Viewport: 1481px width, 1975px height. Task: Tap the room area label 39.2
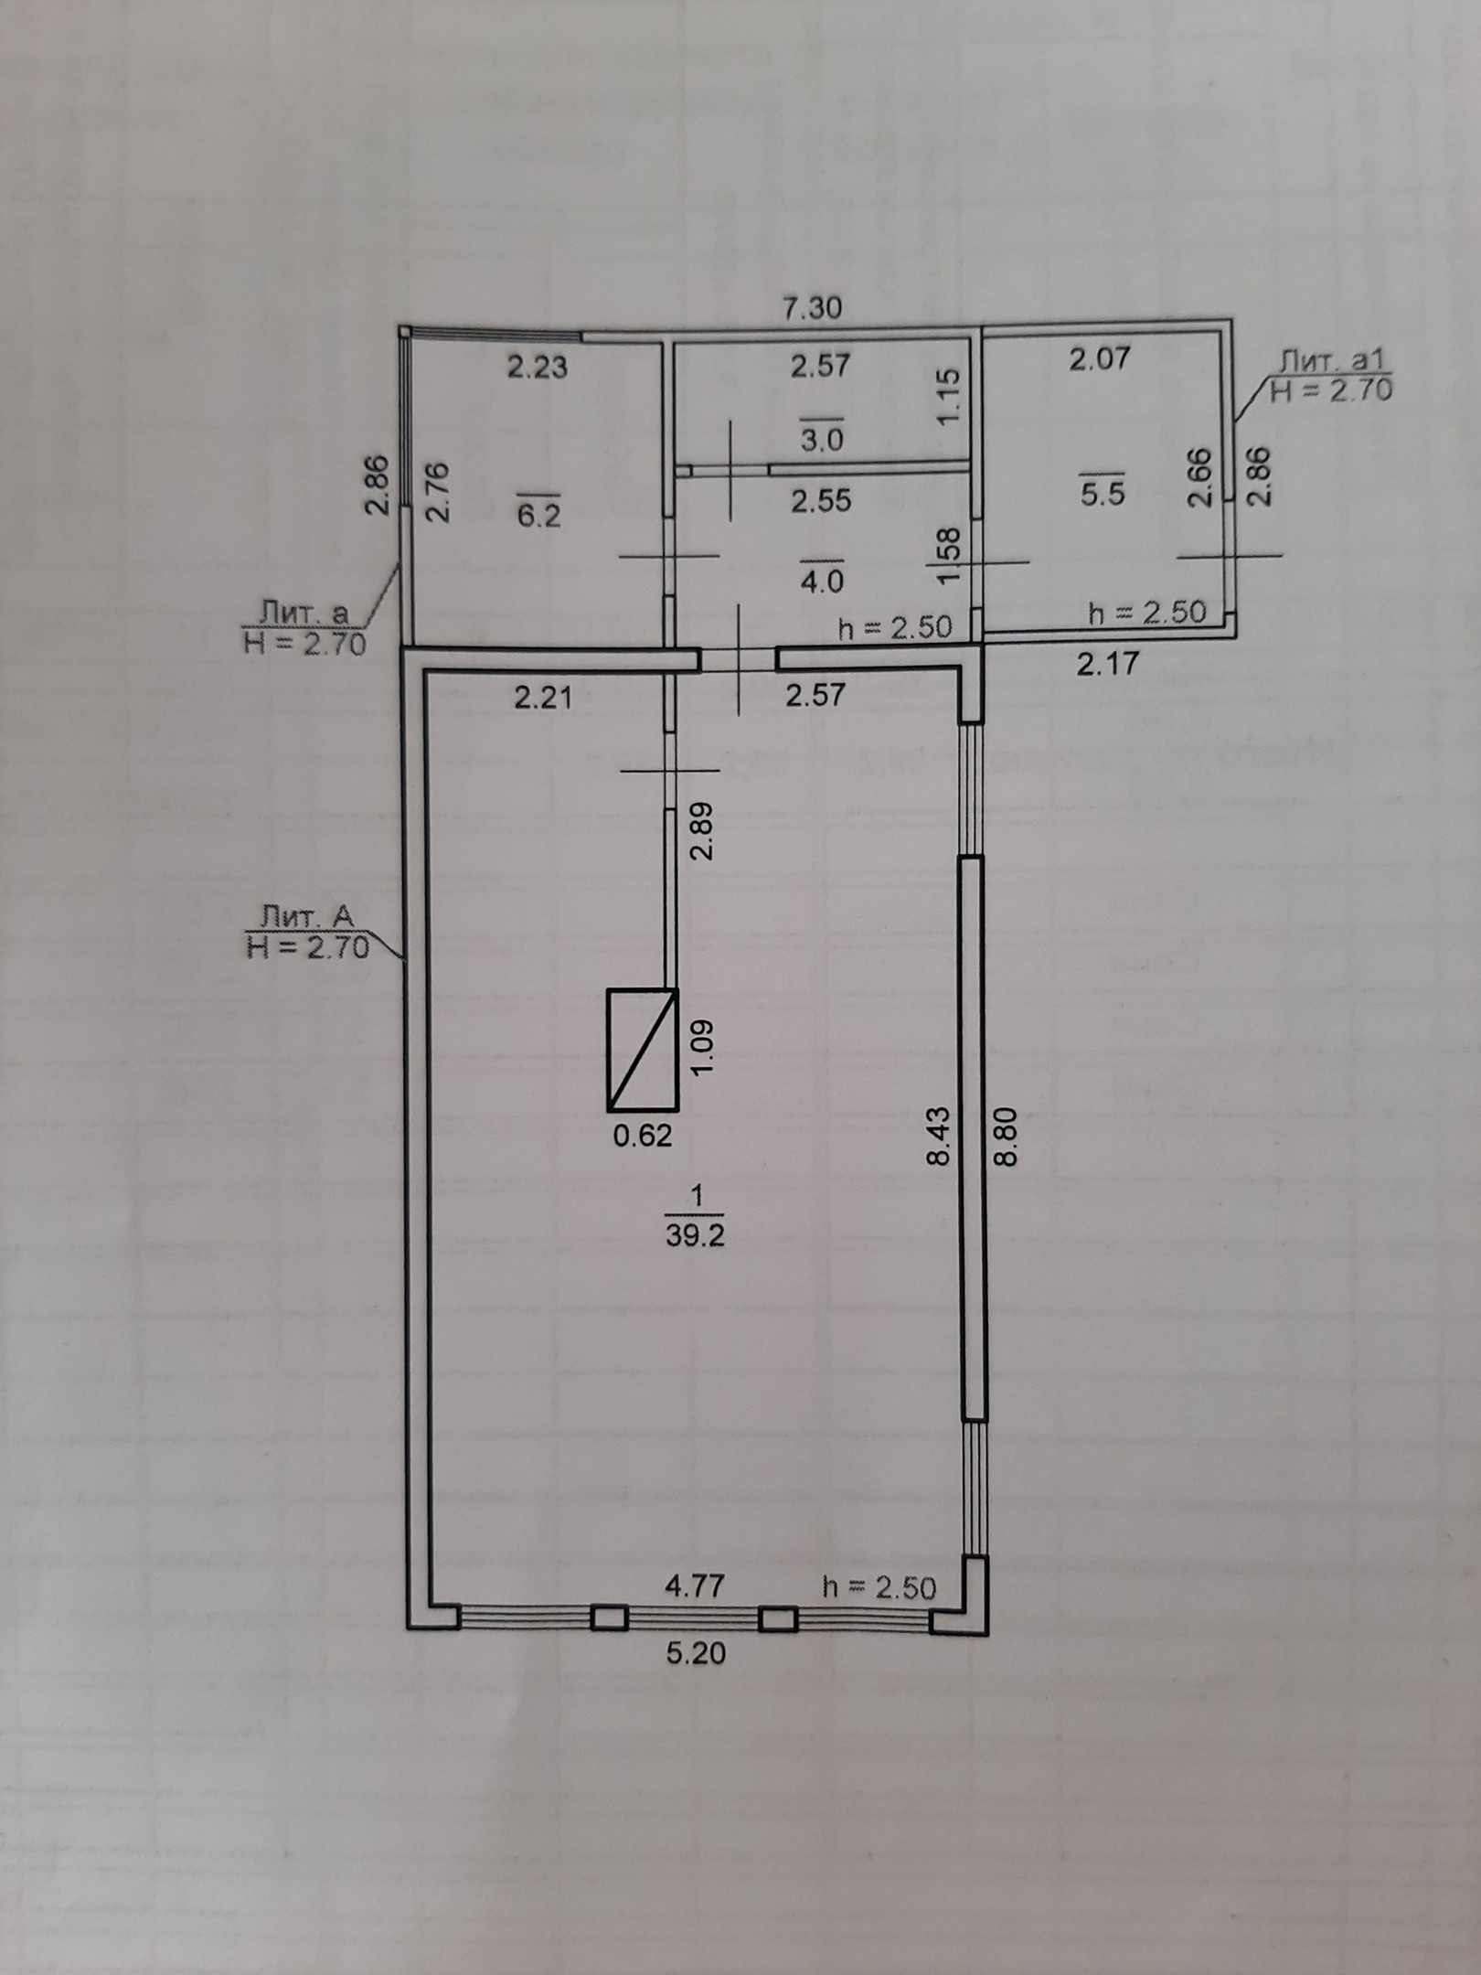pos(696,1237)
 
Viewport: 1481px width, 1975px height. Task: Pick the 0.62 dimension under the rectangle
pos(642,1136)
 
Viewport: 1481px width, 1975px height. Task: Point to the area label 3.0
pos(821,441)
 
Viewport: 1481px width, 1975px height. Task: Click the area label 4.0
pos(821,582)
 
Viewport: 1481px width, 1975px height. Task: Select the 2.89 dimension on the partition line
pos(702,830)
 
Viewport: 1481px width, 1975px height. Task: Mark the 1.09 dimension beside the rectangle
pos(702,1048)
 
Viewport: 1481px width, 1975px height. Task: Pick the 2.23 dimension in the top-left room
pos(538,367)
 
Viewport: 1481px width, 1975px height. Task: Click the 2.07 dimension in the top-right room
pos(1100,358)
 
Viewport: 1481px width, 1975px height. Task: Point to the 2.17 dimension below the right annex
pos(1108,663)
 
